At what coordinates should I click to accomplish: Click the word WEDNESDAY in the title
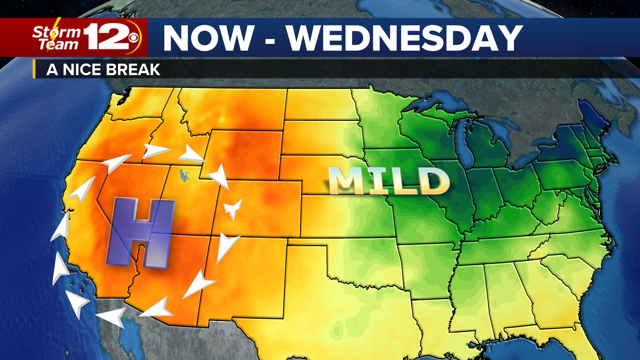coord(405,38)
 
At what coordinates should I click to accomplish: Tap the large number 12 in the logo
coord(107,37)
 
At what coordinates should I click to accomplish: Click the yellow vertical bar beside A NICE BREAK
coord(34,69)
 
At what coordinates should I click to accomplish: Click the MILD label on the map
coord(388,181)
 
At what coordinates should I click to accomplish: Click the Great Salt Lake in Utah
coord(183,175)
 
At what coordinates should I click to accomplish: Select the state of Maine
coord(593,117)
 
